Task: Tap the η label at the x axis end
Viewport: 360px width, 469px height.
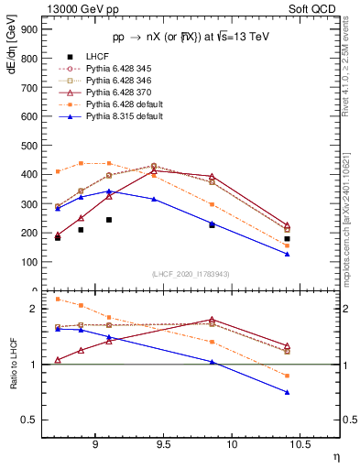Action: pos(335,455)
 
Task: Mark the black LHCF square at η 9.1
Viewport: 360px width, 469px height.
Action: pos(109,220)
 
